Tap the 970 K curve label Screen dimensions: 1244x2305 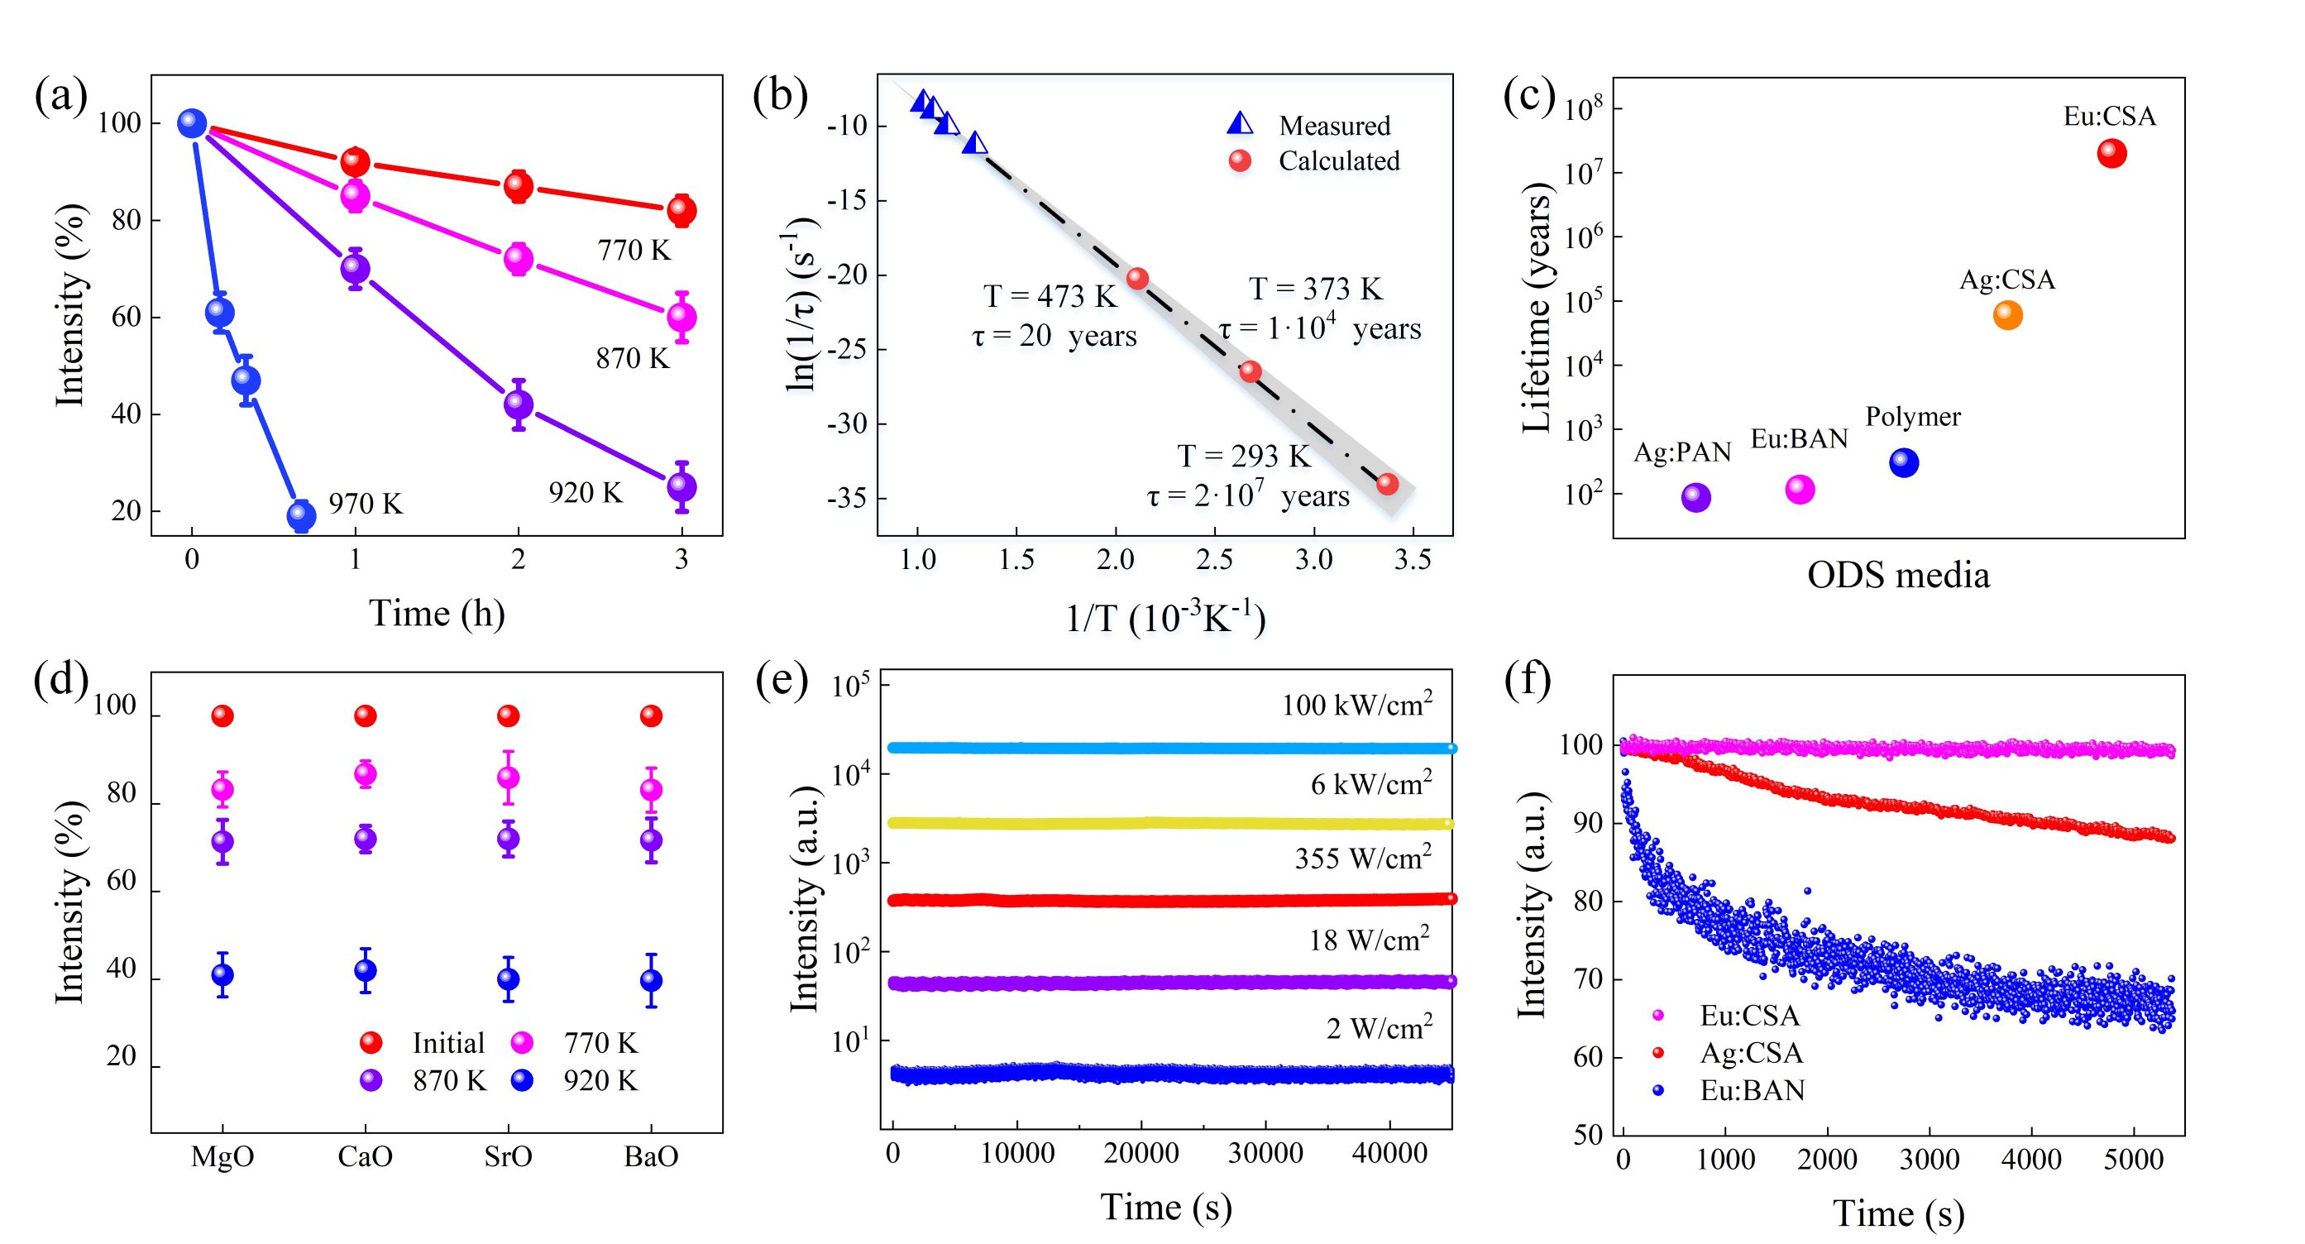[x=365, y=504]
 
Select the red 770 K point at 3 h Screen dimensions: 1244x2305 [x=681, y=210]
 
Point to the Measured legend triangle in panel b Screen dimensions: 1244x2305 [x=1241, y=124]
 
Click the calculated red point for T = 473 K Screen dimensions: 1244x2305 [x=1137, y=279]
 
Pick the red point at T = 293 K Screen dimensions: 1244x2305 [x=1388, y=484]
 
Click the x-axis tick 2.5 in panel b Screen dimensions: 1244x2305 [x=1214, y=560]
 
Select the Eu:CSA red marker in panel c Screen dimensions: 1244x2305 [x=2111, y=154]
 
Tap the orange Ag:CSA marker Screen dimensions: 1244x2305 [x=2008, y=315]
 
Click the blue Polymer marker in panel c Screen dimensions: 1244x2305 [x=1904, y=462]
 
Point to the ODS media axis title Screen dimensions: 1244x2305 [x=1898, y=575]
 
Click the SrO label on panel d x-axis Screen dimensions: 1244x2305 [x=509, y=1157]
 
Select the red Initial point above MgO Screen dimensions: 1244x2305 [x=222, y=716]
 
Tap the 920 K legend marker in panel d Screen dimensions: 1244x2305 [x=522, y=1081]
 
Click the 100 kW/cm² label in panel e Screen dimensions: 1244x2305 [x=1356, y=706]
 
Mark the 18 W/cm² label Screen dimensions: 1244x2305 [x=1369, y=940]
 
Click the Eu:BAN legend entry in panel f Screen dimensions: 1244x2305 [x=1752, y=1090]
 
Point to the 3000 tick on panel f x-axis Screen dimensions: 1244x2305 [x=1930, y=1160]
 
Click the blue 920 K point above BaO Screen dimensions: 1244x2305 [x=652, y=980]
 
